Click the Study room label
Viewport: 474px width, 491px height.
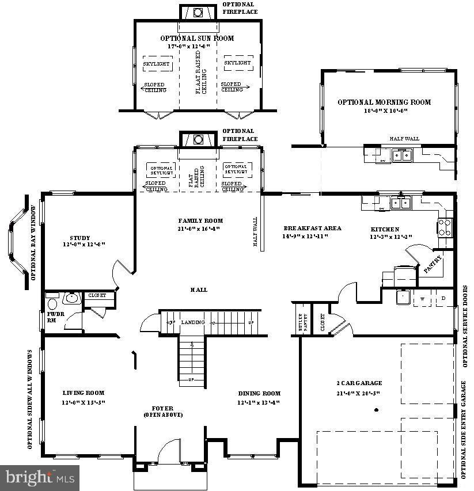pos(80,238)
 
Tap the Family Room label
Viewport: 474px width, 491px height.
pos(200,220)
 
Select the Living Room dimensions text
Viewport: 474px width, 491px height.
pos(84,402)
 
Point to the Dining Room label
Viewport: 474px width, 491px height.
pos(259,394)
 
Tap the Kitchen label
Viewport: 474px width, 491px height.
pos(384,229)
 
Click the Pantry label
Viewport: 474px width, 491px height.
pos(432,264)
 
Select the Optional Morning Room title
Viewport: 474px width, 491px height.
pos(384,102)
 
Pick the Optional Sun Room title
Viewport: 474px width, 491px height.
pos(197,39)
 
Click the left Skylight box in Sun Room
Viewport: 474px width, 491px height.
pos(156,64)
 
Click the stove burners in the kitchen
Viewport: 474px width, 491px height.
pos(445,227)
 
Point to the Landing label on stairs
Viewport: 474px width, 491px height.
pos(192,322)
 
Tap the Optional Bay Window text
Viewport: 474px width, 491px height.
pos(33,242)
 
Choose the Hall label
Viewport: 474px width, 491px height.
pos(200,290)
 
